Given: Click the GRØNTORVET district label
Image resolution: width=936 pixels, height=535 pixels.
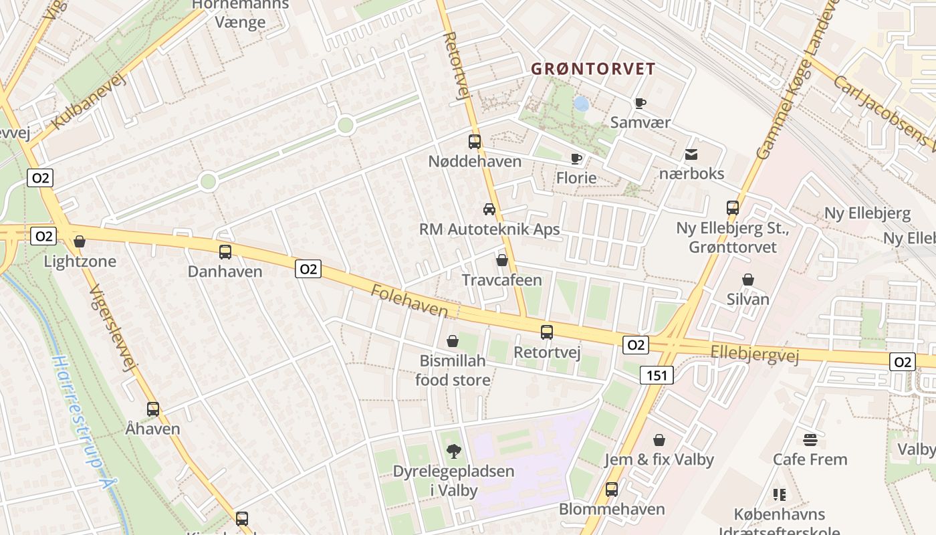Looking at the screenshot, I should pos(593,69).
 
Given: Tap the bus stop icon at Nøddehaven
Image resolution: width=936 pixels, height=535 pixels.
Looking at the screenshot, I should pos(475,142).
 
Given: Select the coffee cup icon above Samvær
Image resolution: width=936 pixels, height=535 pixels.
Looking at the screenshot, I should pos(640,103).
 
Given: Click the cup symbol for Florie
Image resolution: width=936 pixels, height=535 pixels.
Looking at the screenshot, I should pos(576,158).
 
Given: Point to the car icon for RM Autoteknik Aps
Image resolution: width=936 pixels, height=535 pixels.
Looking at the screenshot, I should pos(489,209).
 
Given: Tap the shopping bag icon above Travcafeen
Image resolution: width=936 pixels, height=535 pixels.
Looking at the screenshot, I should pos(502,260).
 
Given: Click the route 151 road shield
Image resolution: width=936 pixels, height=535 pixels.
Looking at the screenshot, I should pos(657,376).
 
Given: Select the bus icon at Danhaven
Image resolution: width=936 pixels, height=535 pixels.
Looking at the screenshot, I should pos(225,252).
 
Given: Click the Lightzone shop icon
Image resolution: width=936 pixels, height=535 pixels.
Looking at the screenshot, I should pos(80,241).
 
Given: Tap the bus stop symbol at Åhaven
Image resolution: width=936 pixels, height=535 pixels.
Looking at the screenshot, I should pos(153,409).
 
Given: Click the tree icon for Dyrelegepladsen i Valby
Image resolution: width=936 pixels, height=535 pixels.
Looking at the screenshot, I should pos(453,452).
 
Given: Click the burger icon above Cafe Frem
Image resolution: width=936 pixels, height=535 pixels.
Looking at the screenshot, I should pos(810,439).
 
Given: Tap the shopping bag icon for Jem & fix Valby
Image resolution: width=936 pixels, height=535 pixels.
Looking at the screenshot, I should pos(659,440).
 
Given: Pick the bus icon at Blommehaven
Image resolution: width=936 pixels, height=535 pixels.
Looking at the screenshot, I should pos(612,490).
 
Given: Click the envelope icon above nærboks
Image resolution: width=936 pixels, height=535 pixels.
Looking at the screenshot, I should pos(691,154).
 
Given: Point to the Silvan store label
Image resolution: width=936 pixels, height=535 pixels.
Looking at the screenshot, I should pos(748,299).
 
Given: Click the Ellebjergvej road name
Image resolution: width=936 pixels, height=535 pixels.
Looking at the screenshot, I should pos(755,354).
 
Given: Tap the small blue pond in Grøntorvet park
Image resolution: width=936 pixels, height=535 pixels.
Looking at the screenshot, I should pos(582,104).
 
